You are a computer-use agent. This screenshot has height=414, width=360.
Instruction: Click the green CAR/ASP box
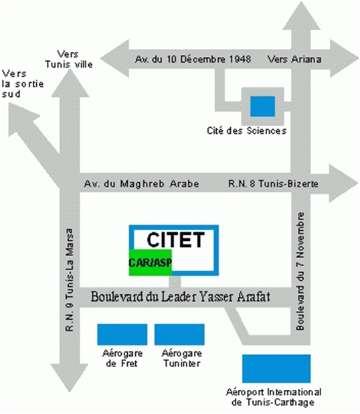[x=151, y=262]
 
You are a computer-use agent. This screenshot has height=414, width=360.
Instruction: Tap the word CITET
[x=175, y=239]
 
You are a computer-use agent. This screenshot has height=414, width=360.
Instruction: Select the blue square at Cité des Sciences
[x=262, y=106]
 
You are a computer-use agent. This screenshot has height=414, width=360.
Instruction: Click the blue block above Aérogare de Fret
[x=122, y=334]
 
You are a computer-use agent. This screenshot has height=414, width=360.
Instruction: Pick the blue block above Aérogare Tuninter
[x=179, y=334]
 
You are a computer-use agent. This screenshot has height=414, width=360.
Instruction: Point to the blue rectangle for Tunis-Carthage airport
[x=276, y=369]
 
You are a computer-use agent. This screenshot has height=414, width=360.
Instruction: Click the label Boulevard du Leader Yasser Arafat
[x=181, y=296]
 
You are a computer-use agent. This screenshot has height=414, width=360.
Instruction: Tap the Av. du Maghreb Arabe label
[x=142, y=183]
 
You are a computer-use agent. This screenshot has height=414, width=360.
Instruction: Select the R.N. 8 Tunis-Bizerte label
[x=273, y=183]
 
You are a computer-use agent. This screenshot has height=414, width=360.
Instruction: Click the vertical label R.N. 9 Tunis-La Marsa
[x=69, y=280]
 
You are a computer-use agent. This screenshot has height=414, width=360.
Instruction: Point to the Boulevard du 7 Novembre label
[x=300, y=271]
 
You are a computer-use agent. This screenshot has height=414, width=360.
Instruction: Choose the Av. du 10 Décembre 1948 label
[x=193, y=59]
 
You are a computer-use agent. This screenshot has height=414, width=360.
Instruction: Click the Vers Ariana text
[x=294, y=59]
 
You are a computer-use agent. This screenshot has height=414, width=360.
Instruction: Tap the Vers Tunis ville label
[x=69, y=59]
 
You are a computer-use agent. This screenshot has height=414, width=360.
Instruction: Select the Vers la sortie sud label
[x=23, y=84]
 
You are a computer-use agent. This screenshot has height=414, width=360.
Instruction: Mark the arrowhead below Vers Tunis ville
[x=70, y=84]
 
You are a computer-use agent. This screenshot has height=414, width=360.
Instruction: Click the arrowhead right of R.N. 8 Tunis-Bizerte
[x=343, y=183]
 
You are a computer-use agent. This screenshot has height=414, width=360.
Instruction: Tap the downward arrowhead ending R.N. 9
[x=70, y=378]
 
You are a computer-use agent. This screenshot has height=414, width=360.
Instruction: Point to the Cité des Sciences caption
[x=246, y=130]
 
